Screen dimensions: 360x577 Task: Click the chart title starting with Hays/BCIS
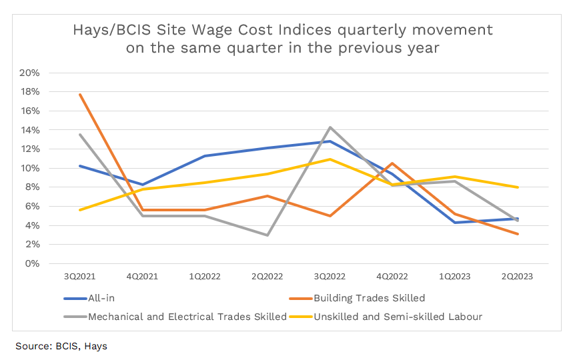[282, 39]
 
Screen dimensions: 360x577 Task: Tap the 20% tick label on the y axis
[31, 73]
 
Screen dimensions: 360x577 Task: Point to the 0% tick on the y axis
[33, 263]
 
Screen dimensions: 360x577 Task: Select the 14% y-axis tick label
[31, 130]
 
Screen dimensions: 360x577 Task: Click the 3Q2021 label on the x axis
[80, 275]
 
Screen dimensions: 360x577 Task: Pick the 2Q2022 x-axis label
[267, 275]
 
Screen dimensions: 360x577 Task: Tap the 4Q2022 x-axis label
[392, 275]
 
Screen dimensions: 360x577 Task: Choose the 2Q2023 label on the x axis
[518, 275]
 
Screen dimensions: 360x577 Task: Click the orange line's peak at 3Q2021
[80, 95]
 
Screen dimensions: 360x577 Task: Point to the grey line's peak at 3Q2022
[330, 127]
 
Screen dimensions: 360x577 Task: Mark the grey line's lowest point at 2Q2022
[267, 235]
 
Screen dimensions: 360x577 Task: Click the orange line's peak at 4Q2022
[393, 163]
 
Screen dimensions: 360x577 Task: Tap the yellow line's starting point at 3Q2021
[80, 210]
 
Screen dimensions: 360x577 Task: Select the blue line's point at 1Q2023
[455, 223]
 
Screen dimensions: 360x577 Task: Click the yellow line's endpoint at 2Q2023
[518, 187]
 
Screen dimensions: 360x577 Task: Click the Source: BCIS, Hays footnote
[61, 346]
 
